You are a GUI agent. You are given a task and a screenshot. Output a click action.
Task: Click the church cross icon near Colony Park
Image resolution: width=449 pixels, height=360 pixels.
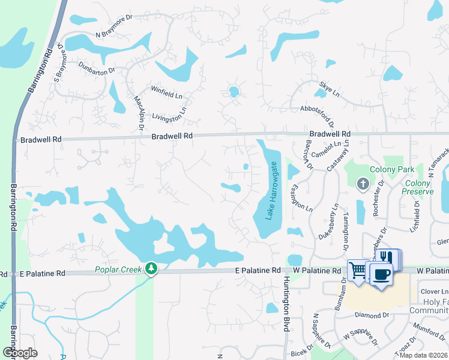(x=363, y=184)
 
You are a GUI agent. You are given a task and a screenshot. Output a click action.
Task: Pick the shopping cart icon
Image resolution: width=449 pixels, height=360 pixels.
(x=358, y=269)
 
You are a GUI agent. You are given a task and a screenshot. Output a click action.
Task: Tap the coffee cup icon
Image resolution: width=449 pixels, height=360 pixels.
(x=381, y=274)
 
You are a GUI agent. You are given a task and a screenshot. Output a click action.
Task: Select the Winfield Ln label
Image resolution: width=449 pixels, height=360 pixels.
(x=166, y=95)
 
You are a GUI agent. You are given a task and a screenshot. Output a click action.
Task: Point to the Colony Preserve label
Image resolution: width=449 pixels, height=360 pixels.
(x=418, y=187)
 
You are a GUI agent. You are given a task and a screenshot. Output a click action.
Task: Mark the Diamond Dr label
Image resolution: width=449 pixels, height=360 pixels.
(x=372, y=315)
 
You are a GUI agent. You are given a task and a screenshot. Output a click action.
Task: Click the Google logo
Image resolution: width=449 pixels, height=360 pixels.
(x=19, y=352)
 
